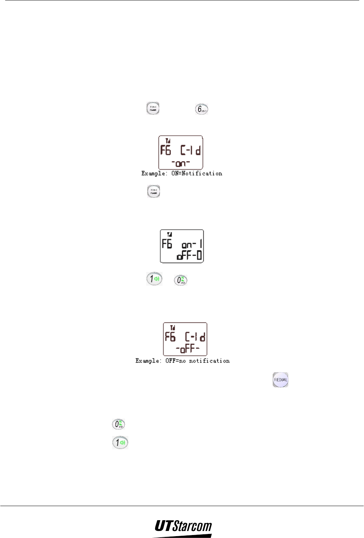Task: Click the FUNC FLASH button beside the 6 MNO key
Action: pyautogui.click(x=153, y=108)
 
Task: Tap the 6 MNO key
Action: pyautogui.click(x=201, y=109)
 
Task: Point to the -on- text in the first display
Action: pyautogui.click(x=181, y=163)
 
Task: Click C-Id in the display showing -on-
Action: pyautogui.click(x=191, y=150)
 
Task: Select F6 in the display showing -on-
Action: pyautogui.click(x=166, y=150)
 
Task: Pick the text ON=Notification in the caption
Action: pyautogui.click(x=197, y=173)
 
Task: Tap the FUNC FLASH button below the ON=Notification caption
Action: pyautogui.click(x=154, y=191)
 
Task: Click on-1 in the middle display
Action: pyautogui.click(x=191, y=245)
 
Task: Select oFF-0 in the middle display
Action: pyautogui.click(x=190, y=256)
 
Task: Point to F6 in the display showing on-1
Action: pyautogui.click(x=167, y=244)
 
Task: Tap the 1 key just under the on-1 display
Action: pyautogui.click(x=154, y=279)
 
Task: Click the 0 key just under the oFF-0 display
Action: pyautogui.click(x=181, y=280)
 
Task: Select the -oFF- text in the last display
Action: pyautogui.click(x=188, y=349)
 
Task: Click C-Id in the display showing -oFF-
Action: pyautogui.click(x=196, y=337)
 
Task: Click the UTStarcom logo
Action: pyautogui.click(x=183, y=527)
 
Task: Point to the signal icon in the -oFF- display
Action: pyautogui.click(x=173, y=328)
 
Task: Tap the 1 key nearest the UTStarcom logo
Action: pyautogui.click(x=120, y=442)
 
